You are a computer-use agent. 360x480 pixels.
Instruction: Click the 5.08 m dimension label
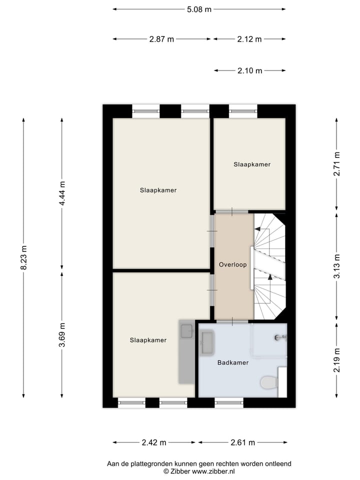pos(199,9)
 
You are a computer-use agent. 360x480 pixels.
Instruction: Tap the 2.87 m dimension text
pos(161,39)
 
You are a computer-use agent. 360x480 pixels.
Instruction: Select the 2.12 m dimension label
pos(249,39)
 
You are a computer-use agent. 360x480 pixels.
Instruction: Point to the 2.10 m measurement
pos(249,71)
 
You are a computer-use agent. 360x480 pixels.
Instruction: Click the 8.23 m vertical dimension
pos(23,258)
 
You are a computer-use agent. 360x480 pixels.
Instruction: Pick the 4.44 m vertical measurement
pos(62,194)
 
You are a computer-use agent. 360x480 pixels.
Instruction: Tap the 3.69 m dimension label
pos(62,334)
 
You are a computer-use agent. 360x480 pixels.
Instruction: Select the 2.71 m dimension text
pos(337,163)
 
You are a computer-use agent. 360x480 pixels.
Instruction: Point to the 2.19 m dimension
pos(337,360)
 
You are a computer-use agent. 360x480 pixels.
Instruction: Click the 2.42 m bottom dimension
pos(154,442)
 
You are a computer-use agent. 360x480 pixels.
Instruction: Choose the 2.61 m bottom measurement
pos(242,442)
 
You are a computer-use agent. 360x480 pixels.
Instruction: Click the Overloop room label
pos(233,265)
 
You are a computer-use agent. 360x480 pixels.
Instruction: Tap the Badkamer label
pos(232,362)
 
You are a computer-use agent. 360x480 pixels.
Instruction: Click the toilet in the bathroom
pos(269,383)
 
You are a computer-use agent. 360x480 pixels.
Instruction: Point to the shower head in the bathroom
pos(278,338)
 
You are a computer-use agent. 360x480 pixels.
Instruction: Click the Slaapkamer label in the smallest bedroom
pos(251,164)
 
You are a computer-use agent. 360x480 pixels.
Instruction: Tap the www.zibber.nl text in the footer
pos(213,471)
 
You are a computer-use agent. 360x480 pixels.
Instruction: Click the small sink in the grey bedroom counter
pos(186,330)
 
